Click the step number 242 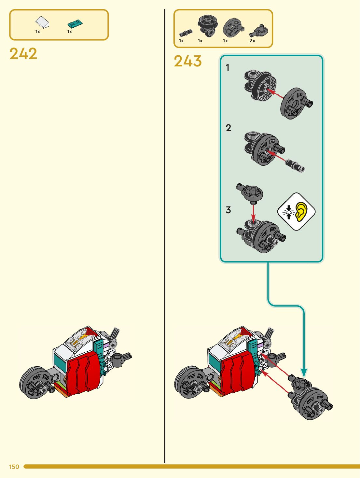pos(23,54)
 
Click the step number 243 pos(187,61)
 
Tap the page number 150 pos(14,467)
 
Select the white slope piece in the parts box pos(42,22)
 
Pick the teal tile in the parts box pos(75,23)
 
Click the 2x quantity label pos(252,41)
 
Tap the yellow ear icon pos(301,211)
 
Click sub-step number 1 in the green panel pos(228,68)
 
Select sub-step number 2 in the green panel pos(228,128)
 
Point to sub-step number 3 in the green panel pos(228,210)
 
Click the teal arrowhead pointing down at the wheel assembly pos(304,373)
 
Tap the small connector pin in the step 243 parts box pos(186,33)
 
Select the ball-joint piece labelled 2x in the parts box pos(259,31)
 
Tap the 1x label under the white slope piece pos(38,32)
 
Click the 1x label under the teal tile pos(70,32)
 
